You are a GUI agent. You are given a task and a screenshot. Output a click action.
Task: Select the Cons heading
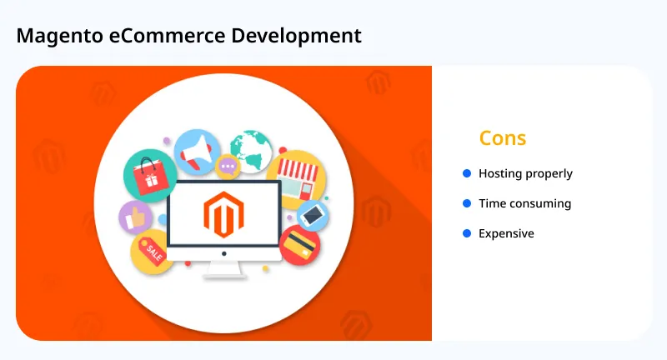point(503,137)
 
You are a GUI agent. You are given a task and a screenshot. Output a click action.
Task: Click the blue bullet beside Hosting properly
point(467,173)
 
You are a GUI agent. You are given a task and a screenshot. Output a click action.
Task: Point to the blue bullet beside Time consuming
point(467,203)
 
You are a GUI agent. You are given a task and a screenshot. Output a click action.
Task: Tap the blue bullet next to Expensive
point(467,233)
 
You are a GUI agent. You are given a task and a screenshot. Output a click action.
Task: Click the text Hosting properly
point(525,174)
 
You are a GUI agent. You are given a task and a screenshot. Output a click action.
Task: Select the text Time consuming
point(524,203)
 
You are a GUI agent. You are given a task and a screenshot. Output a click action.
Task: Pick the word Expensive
point(506,233)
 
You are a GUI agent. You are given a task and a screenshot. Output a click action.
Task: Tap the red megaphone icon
point(196,152)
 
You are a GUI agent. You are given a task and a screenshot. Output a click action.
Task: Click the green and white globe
point(252,150)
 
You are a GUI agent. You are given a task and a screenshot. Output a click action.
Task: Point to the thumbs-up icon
point(136,218)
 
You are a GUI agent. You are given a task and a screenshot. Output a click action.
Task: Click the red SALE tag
point(153,249)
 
